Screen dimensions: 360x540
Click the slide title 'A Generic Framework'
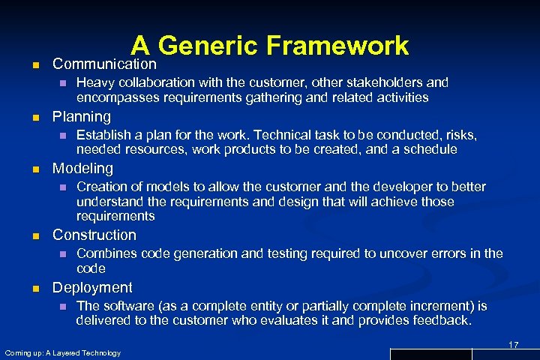click(x=269, y=46)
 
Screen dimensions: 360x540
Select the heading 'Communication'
click(x=104, y=64)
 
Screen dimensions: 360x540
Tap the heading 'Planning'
click(x=81, y=117)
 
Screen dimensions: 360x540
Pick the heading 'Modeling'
click(x=82, y=169)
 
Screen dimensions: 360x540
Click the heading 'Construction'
click(x=94, y=235)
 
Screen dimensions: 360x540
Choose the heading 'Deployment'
click(x=92, y=287)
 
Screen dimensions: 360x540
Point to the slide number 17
click(x=514, y=344)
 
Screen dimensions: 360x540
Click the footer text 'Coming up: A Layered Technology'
click(x=62, y=352)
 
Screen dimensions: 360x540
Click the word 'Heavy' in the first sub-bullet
click(x=94, y=82)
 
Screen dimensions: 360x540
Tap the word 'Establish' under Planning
click(x=105, y=135)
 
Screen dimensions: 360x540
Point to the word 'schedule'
click(x=430, y=149)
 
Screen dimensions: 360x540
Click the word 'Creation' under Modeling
click(x=103, y=187)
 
